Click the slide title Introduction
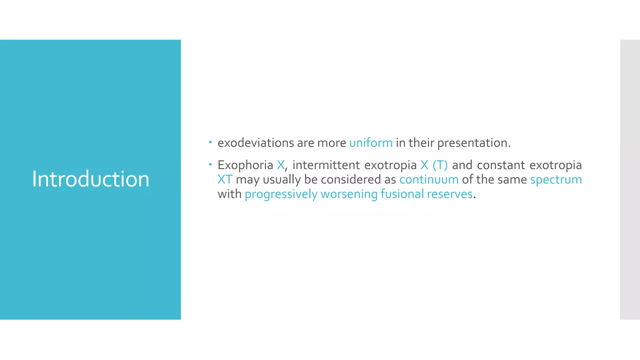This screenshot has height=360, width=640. coord(91,179)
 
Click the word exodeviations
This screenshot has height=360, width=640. coord(256,143)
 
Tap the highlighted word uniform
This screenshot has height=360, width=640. coord(371,143)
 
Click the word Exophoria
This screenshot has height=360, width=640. coord(245,165)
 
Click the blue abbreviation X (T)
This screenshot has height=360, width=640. coord(434,165)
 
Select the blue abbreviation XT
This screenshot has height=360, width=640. coord(225,180)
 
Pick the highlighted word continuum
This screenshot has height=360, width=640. coord(429,180)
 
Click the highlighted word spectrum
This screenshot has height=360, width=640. coord(556,180)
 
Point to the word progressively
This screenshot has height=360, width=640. coord(281,194)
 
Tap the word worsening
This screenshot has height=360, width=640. coord(349,194)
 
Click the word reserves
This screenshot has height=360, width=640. coord(449,194)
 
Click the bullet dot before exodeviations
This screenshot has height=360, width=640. coord(210,142)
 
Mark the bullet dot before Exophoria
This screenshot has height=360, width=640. coord(210,164)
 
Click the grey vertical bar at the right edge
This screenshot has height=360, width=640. coord(630,179)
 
